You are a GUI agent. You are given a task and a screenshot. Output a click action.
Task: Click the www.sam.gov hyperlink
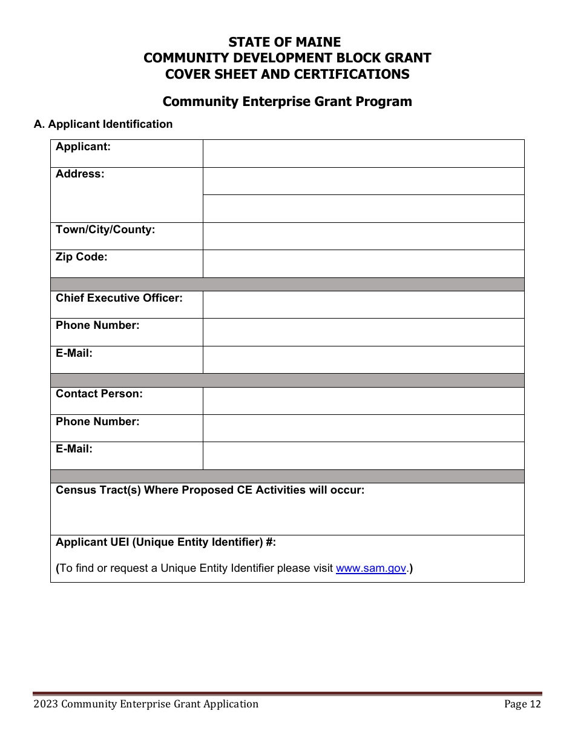(x=370, y=568)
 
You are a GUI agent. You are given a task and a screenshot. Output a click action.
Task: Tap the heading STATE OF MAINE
(x=284, y=42)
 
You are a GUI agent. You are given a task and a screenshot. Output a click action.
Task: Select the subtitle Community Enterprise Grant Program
(x=287, y=101)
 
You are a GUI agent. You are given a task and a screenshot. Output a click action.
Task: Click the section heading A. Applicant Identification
(x=103, y=124)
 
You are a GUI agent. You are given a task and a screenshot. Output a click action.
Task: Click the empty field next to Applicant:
(x=363, y=153)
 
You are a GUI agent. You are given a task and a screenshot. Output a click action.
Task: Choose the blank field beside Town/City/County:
(x=363, y=236)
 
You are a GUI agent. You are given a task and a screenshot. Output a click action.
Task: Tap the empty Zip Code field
(x=363, y=263)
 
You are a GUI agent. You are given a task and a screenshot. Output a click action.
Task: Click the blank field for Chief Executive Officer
(x=363, y=305)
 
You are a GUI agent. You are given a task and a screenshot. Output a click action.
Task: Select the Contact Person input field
(x=363, y=400)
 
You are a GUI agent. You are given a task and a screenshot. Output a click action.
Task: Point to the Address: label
(x=80, y=174)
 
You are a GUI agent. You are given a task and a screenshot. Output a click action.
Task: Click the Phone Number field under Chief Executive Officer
(x=363, y=332)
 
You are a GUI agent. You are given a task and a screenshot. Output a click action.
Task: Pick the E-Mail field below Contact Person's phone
(x=363, y=455)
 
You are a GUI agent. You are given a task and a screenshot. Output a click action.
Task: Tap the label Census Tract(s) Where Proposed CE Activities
(x=210, y=490)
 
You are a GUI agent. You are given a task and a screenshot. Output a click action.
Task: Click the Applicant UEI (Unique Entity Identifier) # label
(x=166, y=542)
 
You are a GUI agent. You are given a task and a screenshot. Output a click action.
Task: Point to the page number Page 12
(x=523, y=704)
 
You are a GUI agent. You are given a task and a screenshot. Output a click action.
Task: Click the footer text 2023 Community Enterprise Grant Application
(x=146, y=704)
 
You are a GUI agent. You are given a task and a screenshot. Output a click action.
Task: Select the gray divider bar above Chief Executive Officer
(x=287, y=284)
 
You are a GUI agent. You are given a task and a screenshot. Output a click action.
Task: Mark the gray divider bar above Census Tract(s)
(x=287, y=476)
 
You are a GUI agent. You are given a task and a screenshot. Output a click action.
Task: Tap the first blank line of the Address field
(x=363, y=181)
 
